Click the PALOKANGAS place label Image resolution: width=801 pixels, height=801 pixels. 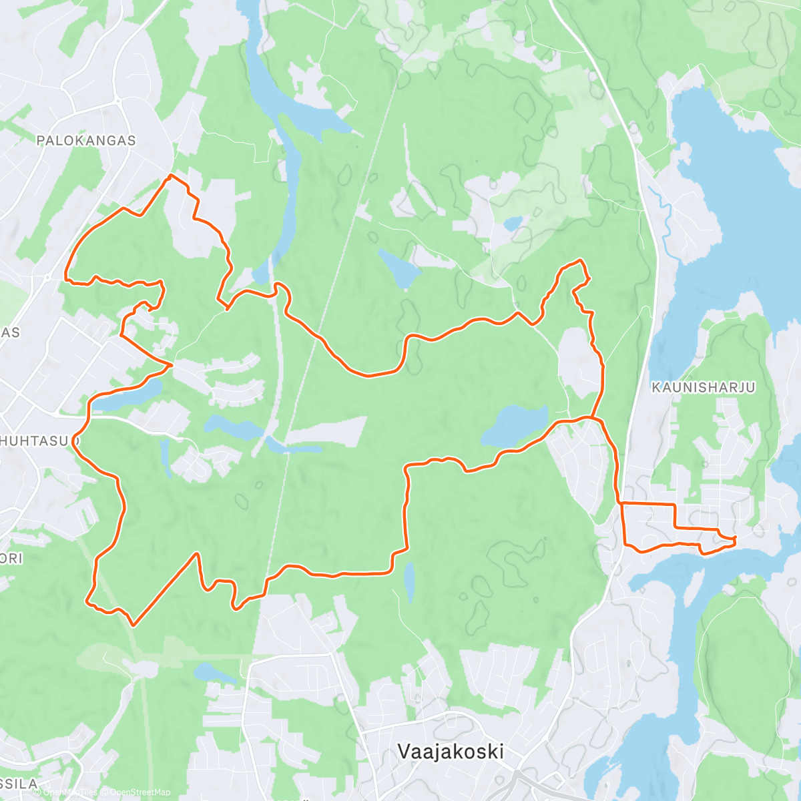point(86,140)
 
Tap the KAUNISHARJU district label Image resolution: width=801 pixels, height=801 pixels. point(703,387)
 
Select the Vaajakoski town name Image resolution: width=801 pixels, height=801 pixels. point(451,752)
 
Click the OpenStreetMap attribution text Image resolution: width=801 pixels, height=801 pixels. point(140,792)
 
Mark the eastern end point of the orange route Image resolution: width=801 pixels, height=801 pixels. point(734,538)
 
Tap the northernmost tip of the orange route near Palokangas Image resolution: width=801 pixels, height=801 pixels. point(172,176)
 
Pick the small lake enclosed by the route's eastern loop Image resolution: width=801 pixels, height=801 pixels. point(515,425)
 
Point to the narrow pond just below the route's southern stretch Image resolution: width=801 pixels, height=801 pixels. point(409,581)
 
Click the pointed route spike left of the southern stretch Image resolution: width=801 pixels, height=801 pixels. point(198,554)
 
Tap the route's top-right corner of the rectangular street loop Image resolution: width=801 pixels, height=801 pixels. point(674,504)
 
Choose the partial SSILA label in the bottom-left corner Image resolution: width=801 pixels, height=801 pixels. point(19,784)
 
